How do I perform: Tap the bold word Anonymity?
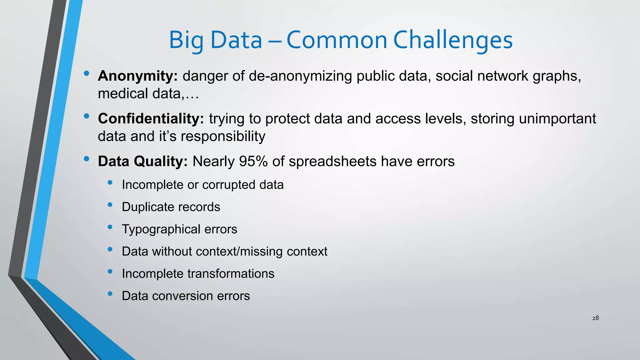tap(138, 76)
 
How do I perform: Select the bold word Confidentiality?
tap(151, 119)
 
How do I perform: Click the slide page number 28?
tap(595, 318)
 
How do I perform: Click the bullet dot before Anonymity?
tap(87, 74)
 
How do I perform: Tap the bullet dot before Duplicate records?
tap(110, 205)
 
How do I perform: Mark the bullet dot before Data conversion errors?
tap(110, 294)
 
